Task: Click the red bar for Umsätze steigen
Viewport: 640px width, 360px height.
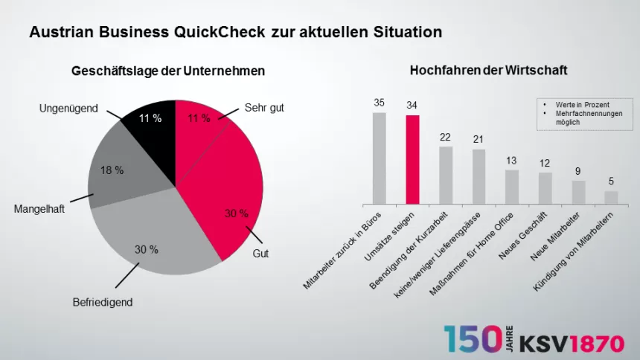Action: click(x=412, y=159)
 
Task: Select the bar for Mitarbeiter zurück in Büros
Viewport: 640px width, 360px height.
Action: click(x=379, y=158)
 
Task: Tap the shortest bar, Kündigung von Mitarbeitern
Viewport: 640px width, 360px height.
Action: click(x=611, y=197)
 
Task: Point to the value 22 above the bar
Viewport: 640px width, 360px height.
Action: click(x=445, y=137)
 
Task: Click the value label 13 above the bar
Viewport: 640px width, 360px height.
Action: click(x=511, y=161)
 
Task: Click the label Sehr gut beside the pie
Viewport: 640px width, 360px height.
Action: click(x=264, y=108)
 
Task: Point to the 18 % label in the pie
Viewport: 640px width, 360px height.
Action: click(x=112, y=170)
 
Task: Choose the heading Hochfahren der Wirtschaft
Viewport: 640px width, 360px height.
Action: click(x=488, y=71)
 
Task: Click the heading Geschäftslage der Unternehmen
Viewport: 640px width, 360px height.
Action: click(x=168, y=71)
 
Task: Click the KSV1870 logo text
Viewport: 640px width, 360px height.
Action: click(x=572, y=344)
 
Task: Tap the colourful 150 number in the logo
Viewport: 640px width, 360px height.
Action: click(x=472, y=339)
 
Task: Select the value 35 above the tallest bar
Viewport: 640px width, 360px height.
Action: click(x=379, y=103)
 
